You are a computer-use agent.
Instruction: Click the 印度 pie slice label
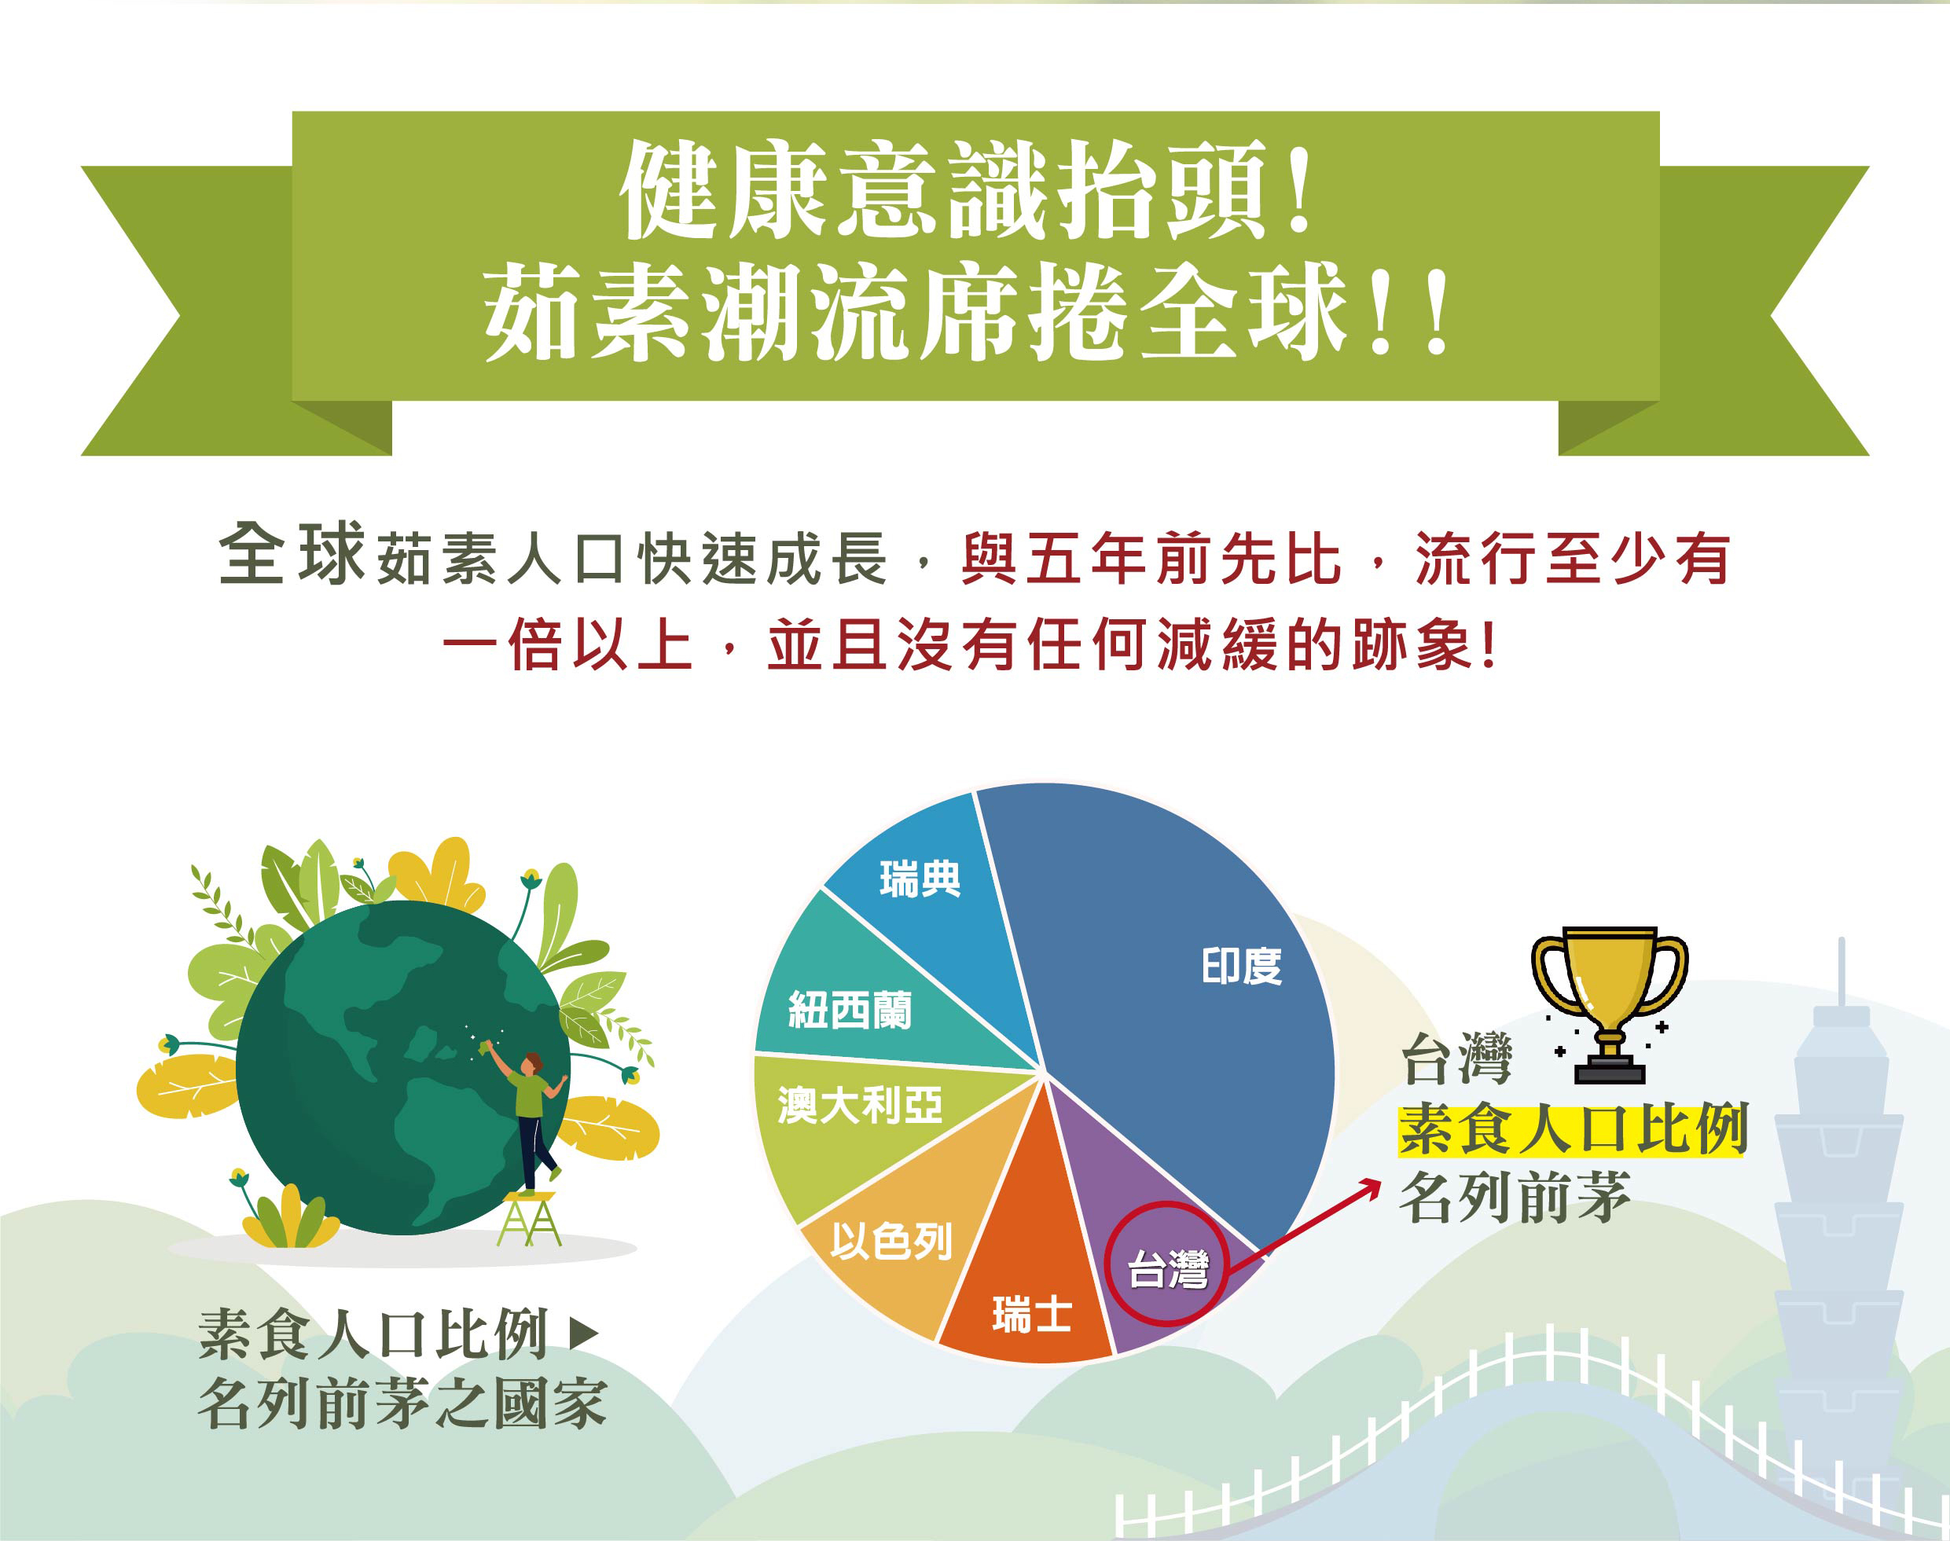(1241, 967)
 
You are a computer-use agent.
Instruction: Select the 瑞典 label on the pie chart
(920, 879)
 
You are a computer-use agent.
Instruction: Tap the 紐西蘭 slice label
(850, 1010)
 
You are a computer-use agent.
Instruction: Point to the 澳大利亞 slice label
(859, 1105)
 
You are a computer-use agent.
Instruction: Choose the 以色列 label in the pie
(891, 1241)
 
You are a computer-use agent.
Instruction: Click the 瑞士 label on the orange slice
(1031, 1314)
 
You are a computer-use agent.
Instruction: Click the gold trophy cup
(1609, 1001)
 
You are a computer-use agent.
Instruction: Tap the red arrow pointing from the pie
(1317, 1218)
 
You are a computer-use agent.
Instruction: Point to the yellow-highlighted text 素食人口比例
(1572, 1128)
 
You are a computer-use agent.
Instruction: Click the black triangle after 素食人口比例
(585, 1334)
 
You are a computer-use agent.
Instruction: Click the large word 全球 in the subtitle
(291, 555)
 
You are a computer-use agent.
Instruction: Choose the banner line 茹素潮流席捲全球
(965, 313)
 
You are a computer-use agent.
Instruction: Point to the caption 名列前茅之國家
(402, 1403)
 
